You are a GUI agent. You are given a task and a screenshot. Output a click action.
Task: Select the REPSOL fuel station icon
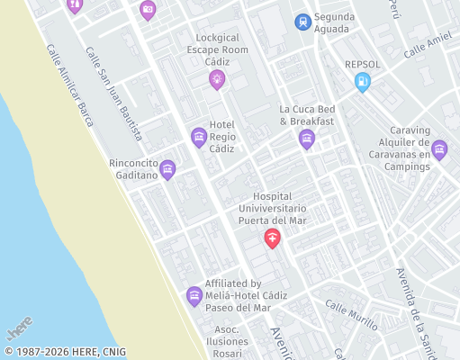(363, 83)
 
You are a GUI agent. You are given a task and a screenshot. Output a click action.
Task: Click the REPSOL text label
(364, 65)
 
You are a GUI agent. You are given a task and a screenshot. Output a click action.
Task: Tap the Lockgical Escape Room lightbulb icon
(216, 81)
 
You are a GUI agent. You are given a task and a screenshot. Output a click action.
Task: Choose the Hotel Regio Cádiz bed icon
(199, 137)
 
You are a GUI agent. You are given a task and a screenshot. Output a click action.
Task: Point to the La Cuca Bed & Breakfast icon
(307, 138)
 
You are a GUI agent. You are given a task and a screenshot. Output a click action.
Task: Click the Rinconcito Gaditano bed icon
(167, 168)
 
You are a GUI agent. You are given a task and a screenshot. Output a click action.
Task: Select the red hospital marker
(272, 238)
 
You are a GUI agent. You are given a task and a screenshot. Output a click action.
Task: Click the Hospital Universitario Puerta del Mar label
(273, 208)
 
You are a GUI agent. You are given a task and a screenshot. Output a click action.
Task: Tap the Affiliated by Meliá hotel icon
(194, 295)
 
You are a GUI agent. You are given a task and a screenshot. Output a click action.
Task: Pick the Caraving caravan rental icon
(439, 149)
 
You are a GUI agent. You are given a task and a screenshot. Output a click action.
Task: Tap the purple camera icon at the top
(148, 10)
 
